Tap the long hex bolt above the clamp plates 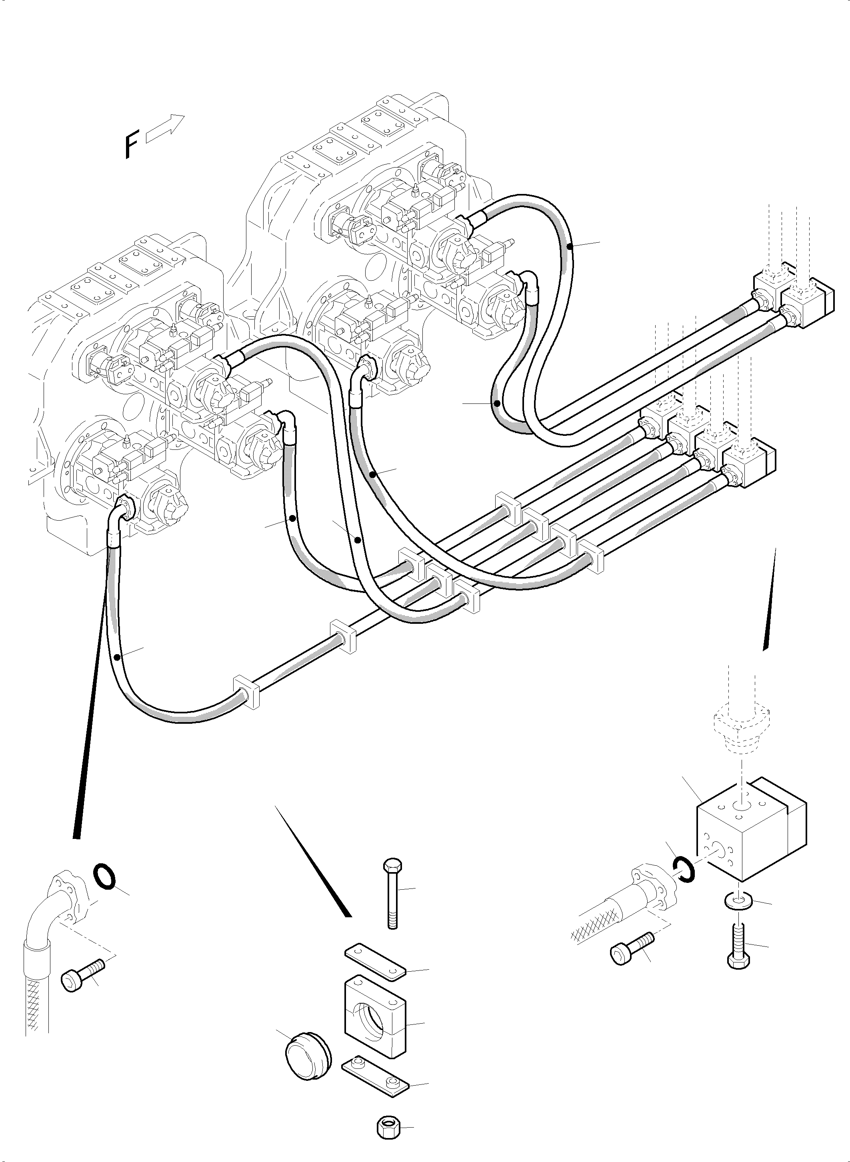[391, 892]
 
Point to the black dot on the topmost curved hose [570, 248]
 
